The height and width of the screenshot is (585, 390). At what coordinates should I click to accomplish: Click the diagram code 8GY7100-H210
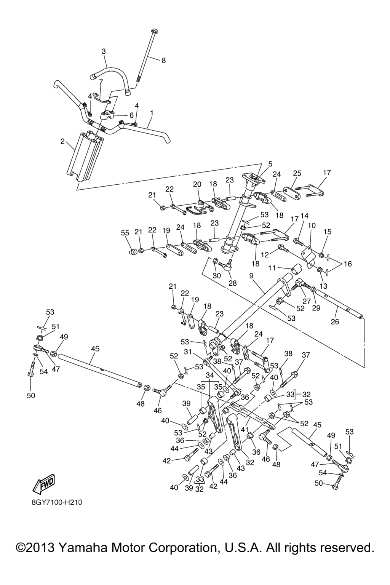57,502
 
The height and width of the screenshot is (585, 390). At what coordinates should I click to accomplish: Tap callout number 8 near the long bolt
164,60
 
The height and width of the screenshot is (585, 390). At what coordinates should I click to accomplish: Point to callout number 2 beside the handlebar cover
62,142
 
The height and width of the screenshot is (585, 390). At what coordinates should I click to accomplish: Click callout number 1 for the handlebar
152,113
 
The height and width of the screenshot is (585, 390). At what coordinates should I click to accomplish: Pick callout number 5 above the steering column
270,164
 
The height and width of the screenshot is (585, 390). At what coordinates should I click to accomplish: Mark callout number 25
297,173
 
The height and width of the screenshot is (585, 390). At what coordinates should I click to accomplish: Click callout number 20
197,184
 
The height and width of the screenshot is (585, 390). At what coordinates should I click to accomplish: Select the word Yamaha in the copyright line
84,548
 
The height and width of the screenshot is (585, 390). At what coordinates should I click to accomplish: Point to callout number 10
312,226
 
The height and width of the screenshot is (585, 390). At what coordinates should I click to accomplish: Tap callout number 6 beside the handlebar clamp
131,115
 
